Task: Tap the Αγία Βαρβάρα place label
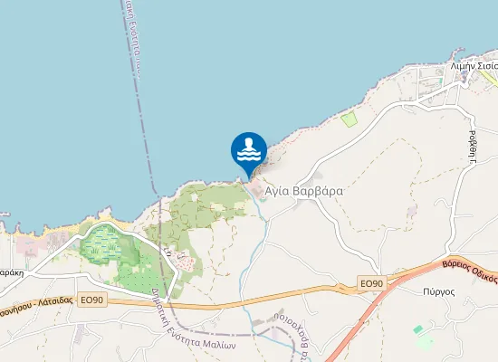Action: coord(303,192)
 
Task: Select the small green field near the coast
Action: coord(349,118)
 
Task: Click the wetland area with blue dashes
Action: coord(109,245)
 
